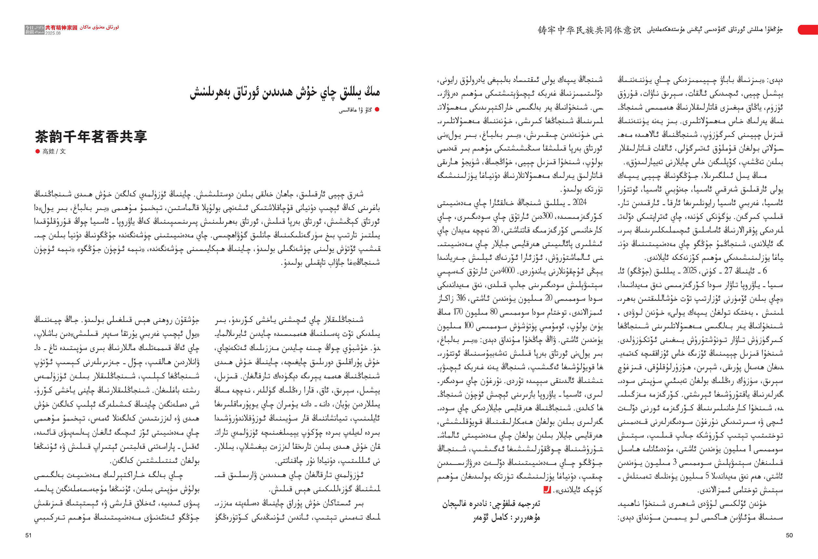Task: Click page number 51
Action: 29,535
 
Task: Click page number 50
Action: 789,535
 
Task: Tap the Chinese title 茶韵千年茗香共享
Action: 91,137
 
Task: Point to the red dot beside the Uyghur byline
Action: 377,110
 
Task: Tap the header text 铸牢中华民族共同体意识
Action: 589,30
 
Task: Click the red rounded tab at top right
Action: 808,30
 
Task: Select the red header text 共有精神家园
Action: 61,27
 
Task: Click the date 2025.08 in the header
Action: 53,33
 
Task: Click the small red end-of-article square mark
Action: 547,490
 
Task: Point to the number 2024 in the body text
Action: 579,202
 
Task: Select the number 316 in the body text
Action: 461,298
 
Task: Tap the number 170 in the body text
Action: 458,312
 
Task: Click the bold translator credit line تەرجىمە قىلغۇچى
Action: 491,504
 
